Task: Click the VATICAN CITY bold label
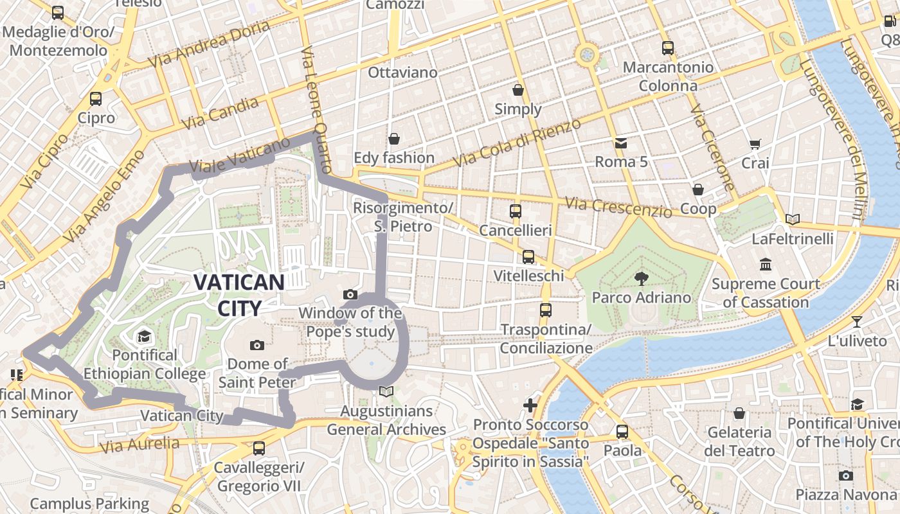point(239,295)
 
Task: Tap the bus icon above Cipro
point(96,98)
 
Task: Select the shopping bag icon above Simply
point(518,90)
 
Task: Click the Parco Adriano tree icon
point(641,278)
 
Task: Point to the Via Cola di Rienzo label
point(517,142)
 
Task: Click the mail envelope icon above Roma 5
point(621,143)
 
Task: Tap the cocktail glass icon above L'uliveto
point(857,322)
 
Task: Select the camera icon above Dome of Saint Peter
point(257,345)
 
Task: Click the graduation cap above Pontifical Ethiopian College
point(144,336)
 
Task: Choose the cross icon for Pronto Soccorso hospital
point(530,405)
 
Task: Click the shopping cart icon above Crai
point(755,145)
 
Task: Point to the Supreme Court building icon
point(765,264)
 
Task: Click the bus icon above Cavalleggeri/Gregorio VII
point(259,448)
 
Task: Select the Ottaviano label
point(402,73)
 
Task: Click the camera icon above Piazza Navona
point(846,475)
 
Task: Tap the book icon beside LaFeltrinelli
point(793,220)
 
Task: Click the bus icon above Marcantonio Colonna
point(668,48)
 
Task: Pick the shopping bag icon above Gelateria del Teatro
point(739,413)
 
